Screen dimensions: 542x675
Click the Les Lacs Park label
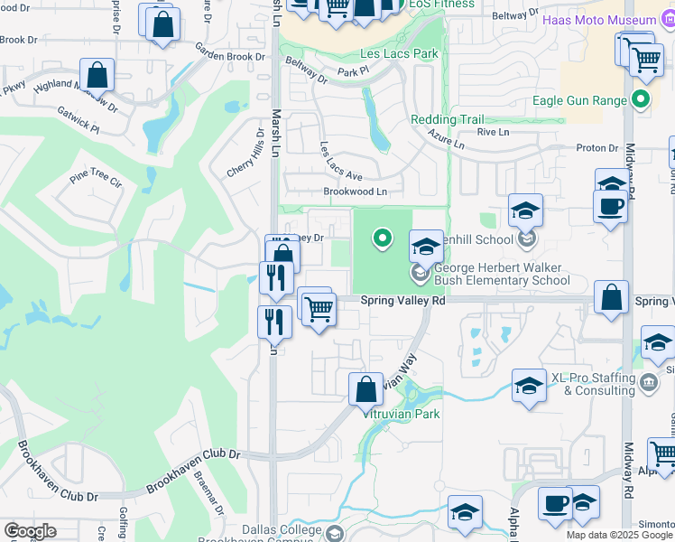[402, 54]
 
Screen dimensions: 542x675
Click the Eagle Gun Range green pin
[642, 99]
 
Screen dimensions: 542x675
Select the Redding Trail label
[447, 119]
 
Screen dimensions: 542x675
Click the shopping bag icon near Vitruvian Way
[365, 390]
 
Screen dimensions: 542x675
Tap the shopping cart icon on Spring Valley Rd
[318, 308]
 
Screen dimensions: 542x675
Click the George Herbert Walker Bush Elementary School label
[502, 274]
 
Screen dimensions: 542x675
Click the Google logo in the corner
[30, 531]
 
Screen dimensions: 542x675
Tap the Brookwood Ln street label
[355, 192]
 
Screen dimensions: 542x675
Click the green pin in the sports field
[383, 238]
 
